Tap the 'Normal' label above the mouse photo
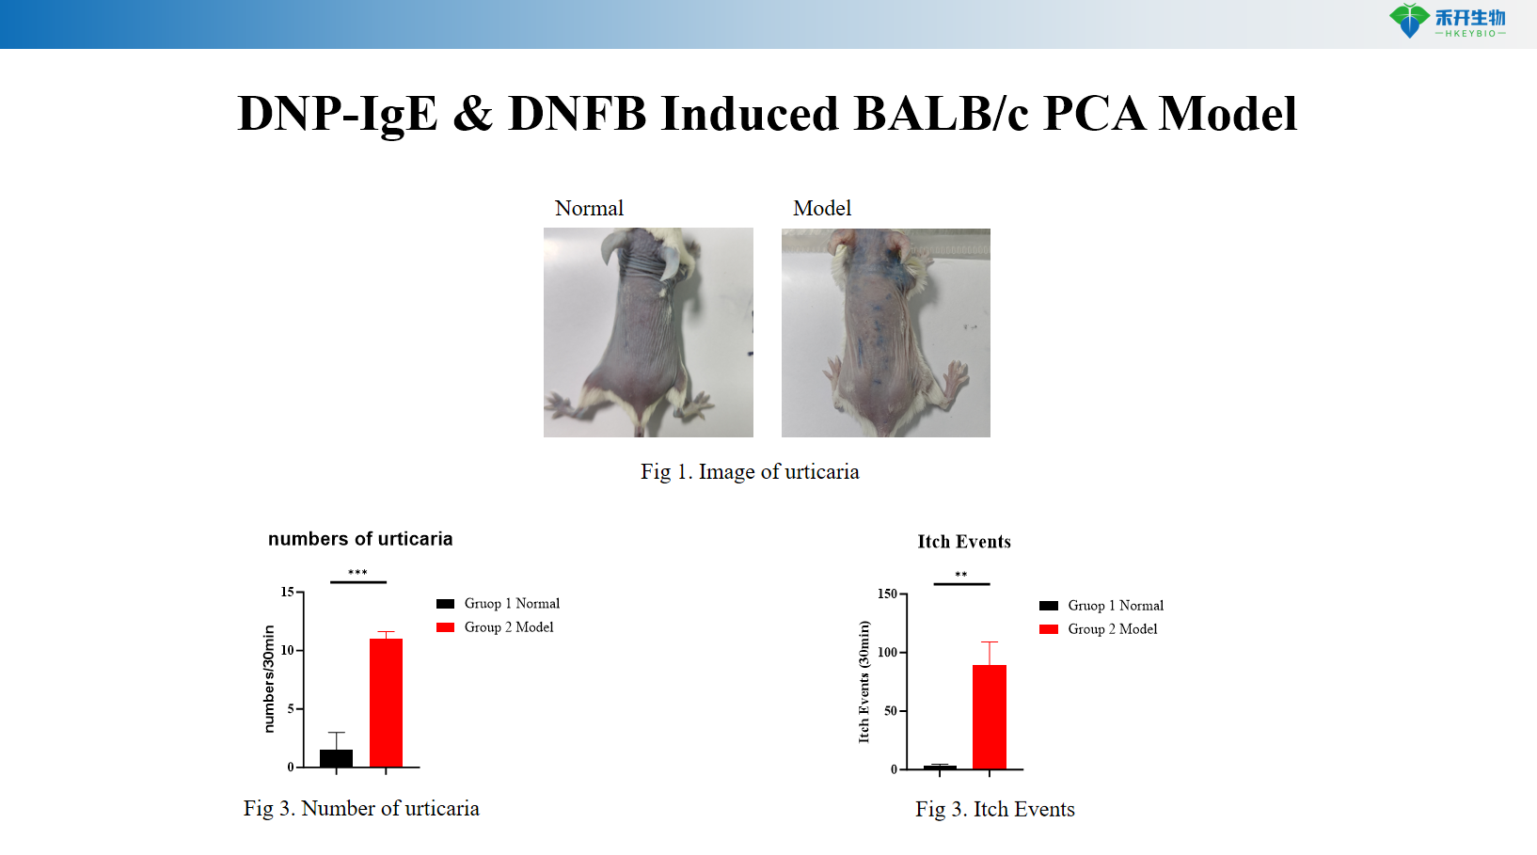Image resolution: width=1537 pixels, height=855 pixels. pyautogui.click(x=589, y=208)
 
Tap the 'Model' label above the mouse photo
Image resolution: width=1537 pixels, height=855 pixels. pyautogui.click(x=822, y=208)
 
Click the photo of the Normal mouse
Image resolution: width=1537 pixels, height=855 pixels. pyautogui.click(x=648, y=332)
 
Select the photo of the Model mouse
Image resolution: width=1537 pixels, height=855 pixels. pyautogui.click(x=885, y=332)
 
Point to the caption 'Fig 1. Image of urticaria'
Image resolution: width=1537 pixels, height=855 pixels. pyautogui.click(x=750, y=471)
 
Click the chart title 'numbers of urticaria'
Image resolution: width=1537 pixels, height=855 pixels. pyautogui.click(x=360, y=539)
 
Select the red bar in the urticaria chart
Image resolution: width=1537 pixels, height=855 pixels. pyautogui.click(x=386, y=703)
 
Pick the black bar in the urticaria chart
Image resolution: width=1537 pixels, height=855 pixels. pyautogui.click(x=336, y=758)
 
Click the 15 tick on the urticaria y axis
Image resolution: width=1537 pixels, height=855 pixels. pyautogui.click(x=287, y=592)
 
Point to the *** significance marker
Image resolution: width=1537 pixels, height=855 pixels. pyautogui.click(x=357, y=573)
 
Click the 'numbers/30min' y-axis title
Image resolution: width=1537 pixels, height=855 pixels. pyautogui.click(x=269, y=679)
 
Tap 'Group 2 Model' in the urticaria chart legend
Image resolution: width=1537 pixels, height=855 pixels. pyautogui.click(x=508, y=627)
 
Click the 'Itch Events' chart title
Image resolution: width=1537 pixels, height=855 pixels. pyautogui.click(x=964, y=542)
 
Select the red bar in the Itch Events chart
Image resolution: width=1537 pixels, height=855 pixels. pyautogui.click(x=989, y=717)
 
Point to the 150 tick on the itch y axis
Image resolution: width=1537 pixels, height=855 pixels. pyautogui.click(x=887, y=594)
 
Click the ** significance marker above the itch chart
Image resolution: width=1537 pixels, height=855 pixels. pyautogui.click(x=960, y=575)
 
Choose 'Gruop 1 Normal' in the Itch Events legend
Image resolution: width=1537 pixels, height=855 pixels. pyautogui.click(x=1115, y=606)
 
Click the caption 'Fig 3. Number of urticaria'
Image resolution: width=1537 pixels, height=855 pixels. pyautogui.click(x=361, y=808)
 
